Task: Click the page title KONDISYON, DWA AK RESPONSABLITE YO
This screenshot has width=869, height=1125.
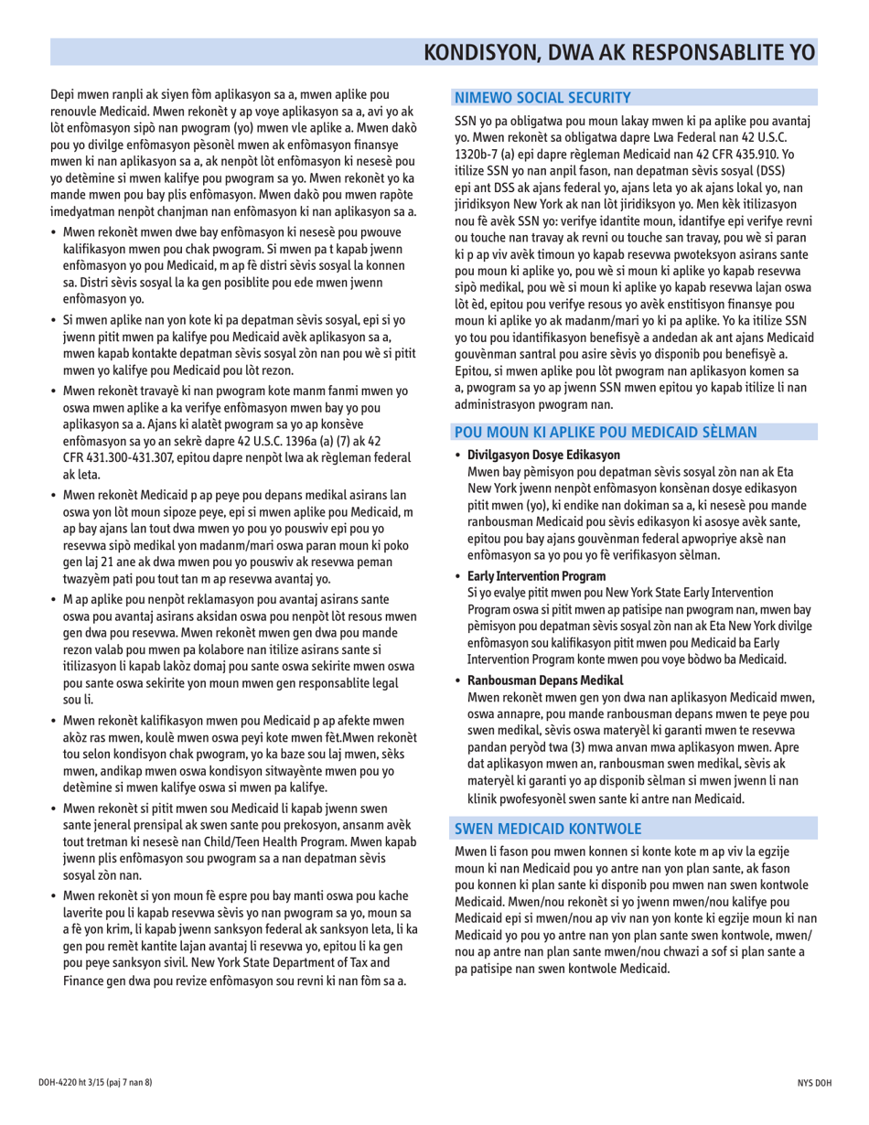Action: click(621, 51)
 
